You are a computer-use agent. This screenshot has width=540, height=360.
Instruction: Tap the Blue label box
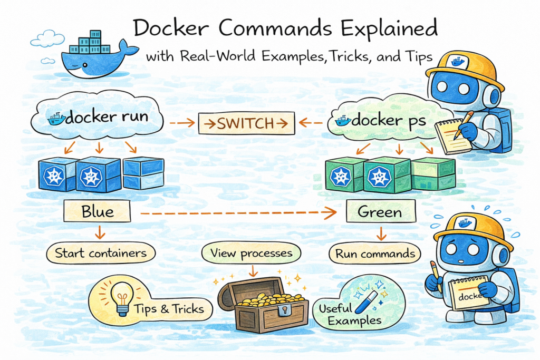coord(98,212)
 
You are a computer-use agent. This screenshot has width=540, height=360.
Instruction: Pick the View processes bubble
coord(251,254)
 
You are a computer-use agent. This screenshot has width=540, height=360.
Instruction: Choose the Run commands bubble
coord(374,254)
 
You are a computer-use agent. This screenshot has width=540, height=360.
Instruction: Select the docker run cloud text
coord(108,118)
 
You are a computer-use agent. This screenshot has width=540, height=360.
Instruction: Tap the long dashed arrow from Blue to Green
coord(237,213)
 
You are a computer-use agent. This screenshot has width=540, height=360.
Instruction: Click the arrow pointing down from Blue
coord(98,232)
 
